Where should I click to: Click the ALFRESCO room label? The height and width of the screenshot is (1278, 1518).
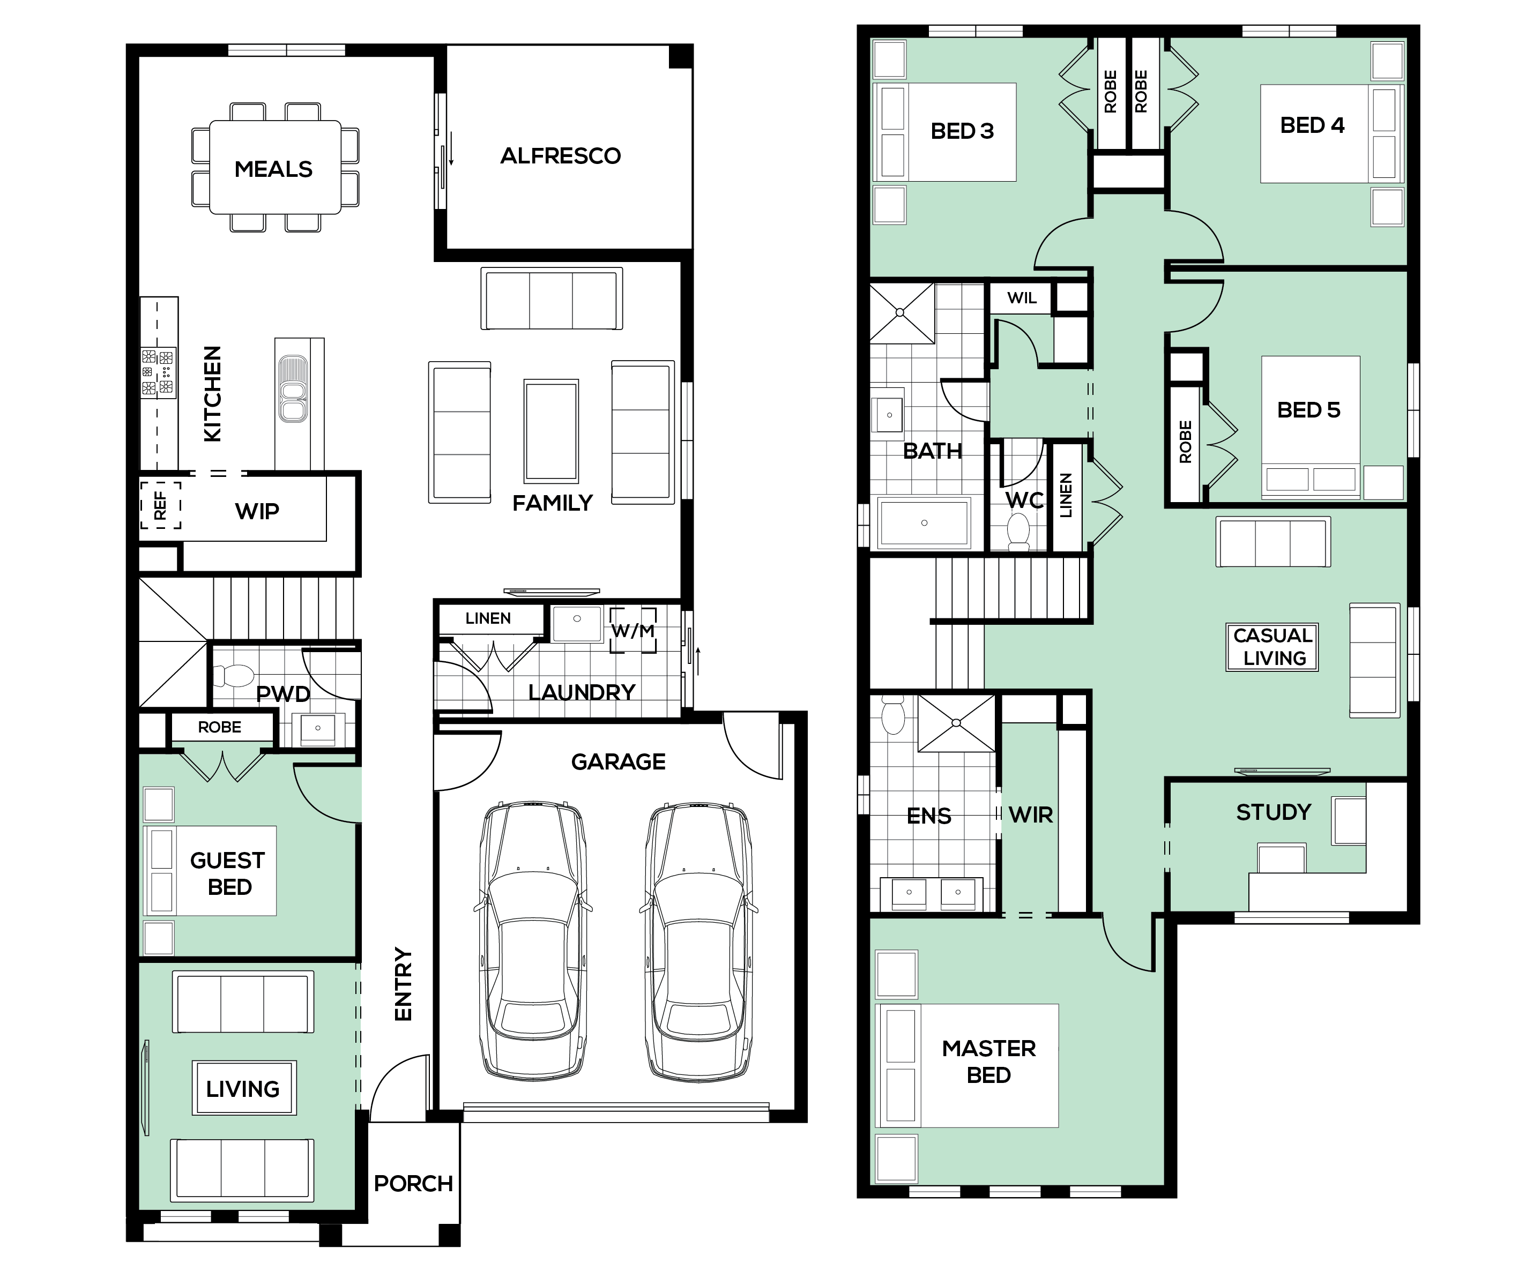click(x=560, y=156)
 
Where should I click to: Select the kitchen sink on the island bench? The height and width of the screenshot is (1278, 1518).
click(x=293, y=388)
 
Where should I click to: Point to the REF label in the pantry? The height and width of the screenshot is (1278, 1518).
click(x=160, y=505)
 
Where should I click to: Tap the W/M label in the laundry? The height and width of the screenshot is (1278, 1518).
click(x=632, y=631)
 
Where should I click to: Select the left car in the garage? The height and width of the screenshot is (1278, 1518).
click(x=533, y=940)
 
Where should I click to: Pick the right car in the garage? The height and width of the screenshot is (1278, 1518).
click(x=698, y=940)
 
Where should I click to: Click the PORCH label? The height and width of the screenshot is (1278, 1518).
click(x=413, y=1183)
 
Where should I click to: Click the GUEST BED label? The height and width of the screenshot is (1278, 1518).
click(x=228, y=874)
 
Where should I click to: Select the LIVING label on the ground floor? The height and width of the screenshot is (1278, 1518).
click(x=243, y=1089)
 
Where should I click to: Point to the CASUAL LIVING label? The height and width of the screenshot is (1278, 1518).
click(x=1273, y=647)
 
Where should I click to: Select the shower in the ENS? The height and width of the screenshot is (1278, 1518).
click(x=956, y=723)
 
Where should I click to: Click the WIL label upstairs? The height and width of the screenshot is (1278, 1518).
click(x=1022, y=298)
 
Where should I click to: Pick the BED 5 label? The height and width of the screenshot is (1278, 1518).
click(x=1308, y=410)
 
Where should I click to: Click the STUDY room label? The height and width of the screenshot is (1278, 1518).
click(x=1274, y=812)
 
